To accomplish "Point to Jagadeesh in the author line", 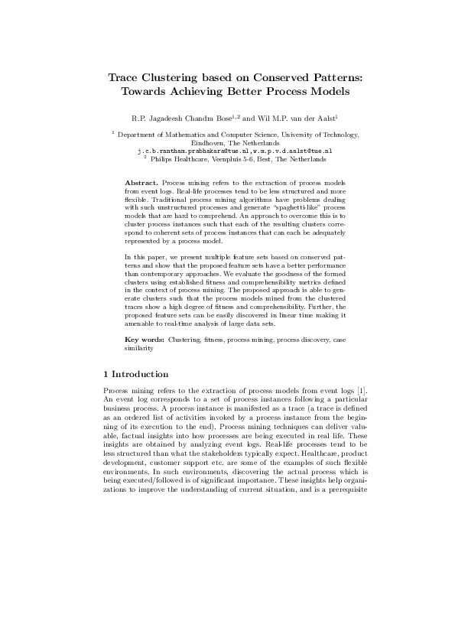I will tap(164, 118).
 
